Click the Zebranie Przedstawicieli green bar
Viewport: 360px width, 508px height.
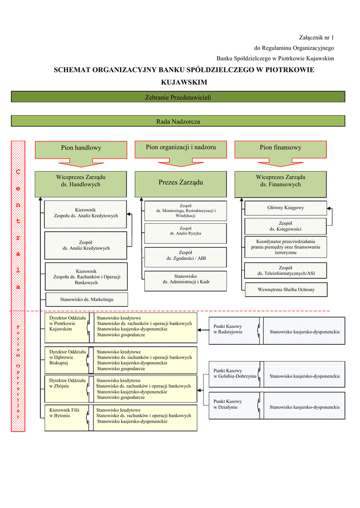pyautogui.click(x=178, y=97)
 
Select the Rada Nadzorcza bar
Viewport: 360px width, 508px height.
pyautogui.click(x=178, y=121)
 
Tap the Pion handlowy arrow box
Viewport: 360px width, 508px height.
pyautogui.click(x=81, y=148)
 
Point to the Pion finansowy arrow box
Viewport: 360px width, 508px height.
pyautogui.click(x=280, y=148)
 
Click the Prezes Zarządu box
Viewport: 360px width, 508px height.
pyautogui.click(x=181, y=184)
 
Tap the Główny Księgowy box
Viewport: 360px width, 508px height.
pyautogui.click(x=286, y=208)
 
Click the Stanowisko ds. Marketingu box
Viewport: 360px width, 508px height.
pyautogui.click(x=87, y=300)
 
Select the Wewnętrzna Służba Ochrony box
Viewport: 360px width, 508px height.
pyautogui.click(x=286, y=290)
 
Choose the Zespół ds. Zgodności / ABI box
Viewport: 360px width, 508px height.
pyautogui.click(x=186, y=256)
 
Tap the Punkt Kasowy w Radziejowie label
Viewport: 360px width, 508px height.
pyautogui.click(x=228, y=329)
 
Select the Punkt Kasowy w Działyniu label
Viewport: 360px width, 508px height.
pyautogui.click(x=228, y=404)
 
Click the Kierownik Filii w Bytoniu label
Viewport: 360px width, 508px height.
pyautogui.click(x=64, y=413)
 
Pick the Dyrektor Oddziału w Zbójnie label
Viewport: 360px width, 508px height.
pyautogui.click(x=67, y=383)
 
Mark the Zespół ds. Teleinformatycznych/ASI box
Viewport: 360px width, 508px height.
pyautogui.click(x=286, y=271)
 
